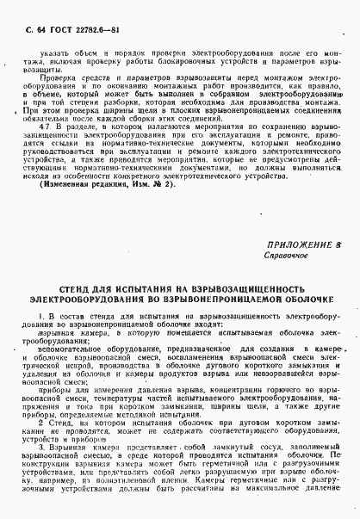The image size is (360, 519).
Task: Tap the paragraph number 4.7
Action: (47, 150)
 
